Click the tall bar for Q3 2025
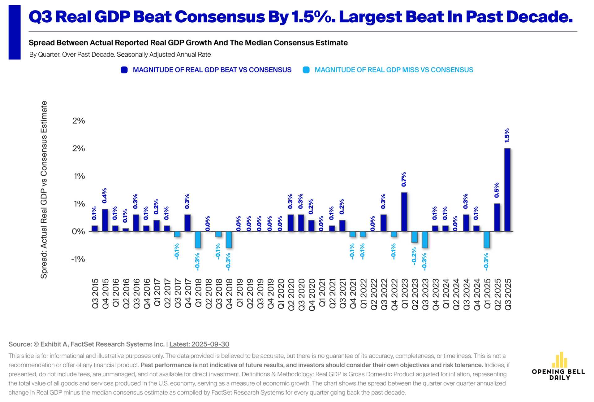click(507, 190)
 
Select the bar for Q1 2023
click(404, 212)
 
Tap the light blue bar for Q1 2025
click(487, 239)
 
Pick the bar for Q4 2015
click(105, 220)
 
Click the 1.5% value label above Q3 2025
click(507, 135)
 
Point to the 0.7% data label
click(404, 179)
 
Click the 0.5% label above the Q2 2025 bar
click(497, 190)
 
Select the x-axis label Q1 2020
click(281, 294)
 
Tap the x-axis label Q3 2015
click(95, 294)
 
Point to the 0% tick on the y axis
click(78, 231)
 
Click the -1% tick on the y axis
click(78, 259)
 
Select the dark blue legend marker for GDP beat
click(124, 70)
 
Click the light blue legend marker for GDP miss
click(306, 70)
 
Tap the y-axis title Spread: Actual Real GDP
click(44, 190)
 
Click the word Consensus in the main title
click(220, 17)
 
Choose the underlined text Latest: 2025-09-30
click(199, 344)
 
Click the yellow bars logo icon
click(559, 360)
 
